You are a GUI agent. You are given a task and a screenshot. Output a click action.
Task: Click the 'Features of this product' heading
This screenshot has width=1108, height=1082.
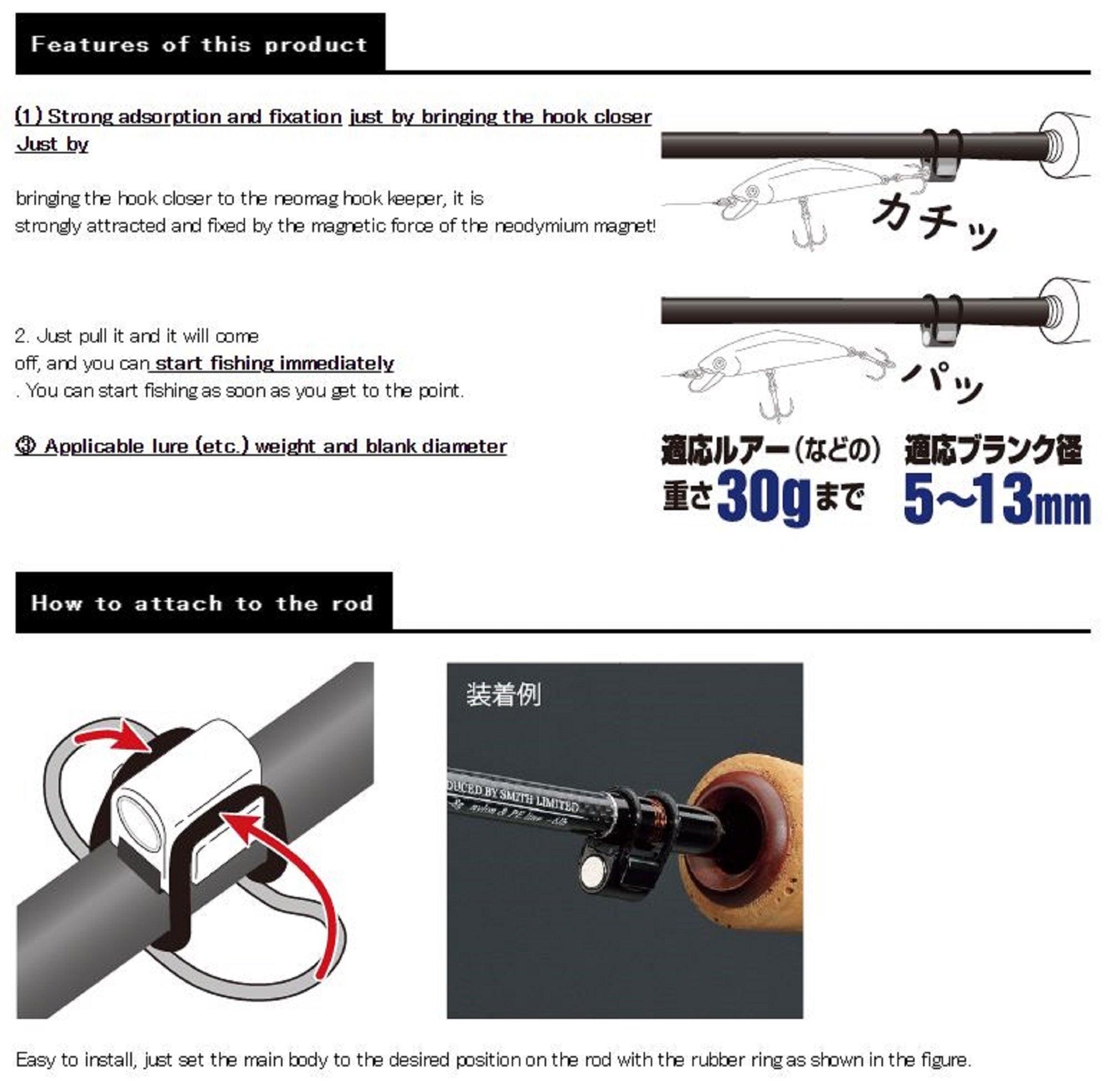(199, 44)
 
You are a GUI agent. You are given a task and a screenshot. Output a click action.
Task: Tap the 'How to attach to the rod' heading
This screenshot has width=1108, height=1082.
(202, 603)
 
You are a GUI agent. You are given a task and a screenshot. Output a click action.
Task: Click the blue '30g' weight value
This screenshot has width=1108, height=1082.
(763, 498)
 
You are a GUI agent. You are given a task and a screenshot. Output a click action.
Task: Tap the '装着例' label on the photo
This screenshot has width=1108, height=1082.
(504, 694)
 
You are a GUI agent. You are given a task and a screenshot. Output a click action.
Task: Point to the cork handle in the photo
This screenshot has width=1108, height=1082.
(750, 853)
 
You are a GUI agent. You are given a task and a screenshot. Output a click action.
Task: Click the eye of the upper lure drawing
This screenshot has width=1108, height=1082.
(752, 190)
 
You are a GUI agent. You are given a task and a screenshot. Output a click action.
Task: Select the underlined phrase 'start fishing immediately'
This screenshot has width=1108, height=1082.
(274, 363)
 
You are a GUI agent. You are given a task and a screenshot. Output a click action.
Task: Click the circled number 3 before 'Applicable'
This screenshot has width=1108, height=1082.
(26, 446)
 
